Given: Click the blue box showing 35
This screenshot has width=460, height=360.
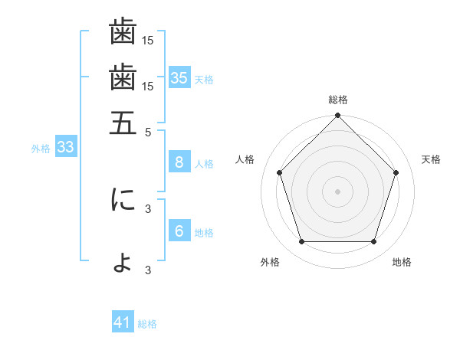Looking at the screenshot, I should pyautogui.click(x=179, y=77).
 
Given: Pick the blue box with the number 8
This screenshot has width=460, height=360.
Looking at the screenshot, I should pyautogui.click(x=179, y=162).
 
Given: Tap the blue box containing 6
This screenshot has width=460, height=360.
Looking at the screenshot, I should pyautogui.click(x=179, y=231).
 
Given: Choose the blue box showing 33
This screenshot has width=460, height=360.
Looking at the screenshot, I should pyautogui.click(x=65, y=148).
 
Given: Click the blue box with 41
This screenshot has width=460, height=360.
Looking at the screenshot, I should pyautogui.click(x=123, y=322).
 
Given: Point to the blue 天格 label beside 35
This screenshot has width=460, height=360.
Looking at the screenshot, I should pyautogui.click(x=204, y=79).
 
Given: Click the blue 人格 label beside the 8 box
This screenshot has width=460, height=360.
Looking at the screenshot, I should pyautogui.click(x=204, y=163).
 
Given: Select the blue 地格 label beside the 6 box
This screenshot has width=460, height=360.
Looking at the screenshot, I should pyautogui.click(x=204, y=232).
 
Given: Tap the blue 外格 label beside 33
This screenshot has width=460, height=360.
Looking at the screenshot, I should pyautogui.click(x=41, y=149).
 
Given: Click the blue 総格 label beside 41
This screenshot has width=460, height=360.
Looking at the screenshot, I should pyautogui.click(x=147, y=324).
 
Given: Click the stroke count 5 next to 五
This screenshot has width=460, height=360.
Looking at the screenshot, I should pyautogui.click(x=149, y=131).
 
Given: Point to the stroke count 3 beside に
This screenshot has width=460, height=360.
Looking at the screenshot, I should pyautogui.click(x=149, y=208).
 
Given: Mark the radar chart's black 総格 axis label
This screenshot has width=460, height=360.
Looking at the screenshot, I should pyautogui.click(x=338, y=100).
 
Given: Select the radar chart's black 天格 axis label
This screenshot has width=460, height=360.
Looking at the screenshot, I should pyautogui.click(x=431, y=159).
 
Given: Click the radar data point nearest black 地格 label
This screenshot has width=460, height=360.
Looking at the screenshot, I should pyautogui.click(x=373, y=242).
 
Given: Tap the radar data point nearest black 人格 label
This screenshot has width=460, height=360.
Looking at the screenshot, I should pyautogui.click(x=280, y=173).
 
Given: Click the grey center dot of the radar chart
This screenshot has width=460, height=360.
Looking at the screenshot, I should pyautogui.click(x=338, y=191).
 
